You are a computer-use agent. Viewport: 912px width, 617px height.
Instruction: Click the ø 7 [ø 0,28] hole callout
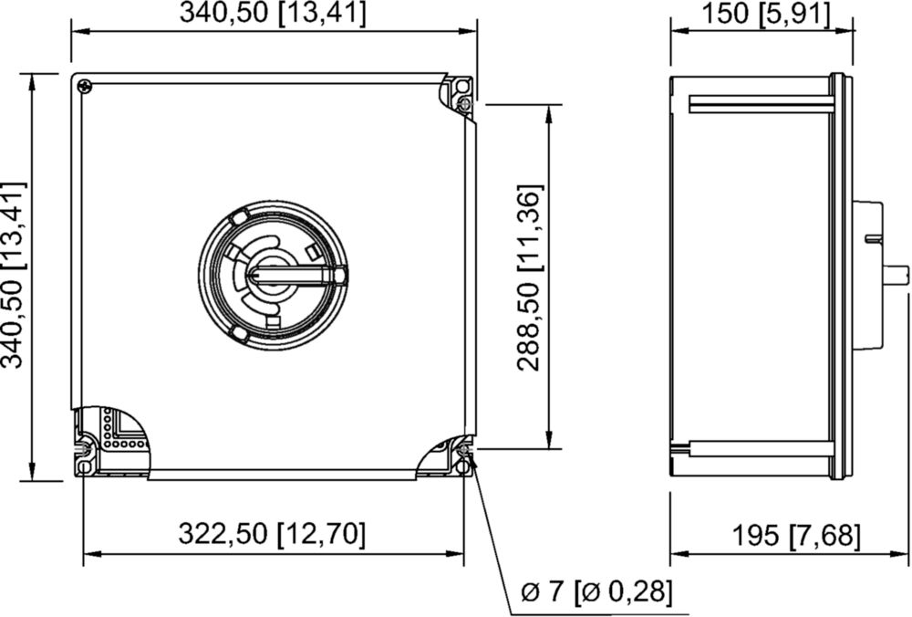(596, 592)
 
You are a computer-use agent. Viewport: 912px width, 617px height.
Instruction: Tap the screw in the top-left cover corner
(85, 86)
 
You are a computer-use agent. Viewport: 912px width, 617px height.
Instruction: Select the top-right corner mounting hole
(461, 87)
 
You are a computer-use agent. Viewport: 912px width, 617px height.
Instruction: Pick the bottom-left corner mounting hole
(85, 467)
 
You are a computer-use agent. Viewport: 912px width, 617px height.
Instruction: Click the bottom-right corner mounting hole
(463, 467)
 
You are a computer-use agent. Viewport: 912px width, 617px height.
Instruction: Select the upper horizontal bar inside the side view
(761, 104)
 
